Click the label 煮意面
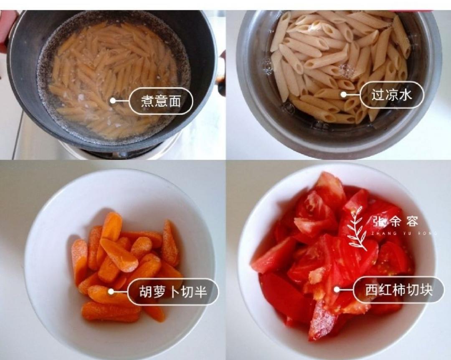coord(160,101)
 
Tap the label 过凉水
coord(391,95)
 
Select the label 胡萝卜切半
coord(172,291)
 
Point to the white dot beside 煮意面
coord(112,101)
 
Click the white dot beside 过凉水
coord(343,95)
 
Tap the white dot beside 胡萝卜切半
coord(111,291)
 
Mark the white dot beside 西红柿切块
coord(337,289)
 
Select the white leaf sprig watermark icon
coord(357,229)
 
